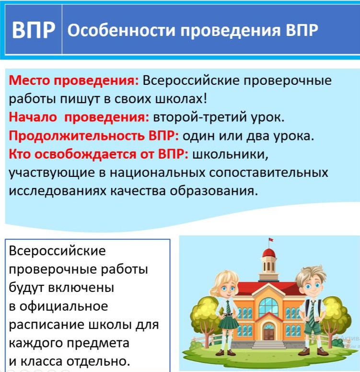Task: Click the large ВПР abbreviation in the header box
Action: [x=34, y=30]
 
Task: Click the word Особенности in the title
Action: [x=121, y=30]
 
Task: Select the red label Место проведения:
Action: [x=73, y=81]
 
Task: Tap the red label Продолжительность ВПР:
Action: [x=94, y=136]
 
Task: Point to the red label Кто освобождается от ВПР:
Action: [x=98, y=154]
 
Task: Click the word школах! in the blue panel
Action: [x=181, y=98]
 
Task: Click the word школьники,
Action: [x=230, y=155]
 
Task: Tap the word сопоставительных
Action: [x=268, y=173]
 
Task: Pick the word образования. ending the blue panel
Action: [x=214, y=191]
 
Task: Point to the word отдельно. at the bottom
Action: [x=98, y=361]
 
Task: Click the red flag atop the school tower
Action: [x=271, y=240]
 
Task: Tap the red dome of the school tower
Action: [x=269, y=253]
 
